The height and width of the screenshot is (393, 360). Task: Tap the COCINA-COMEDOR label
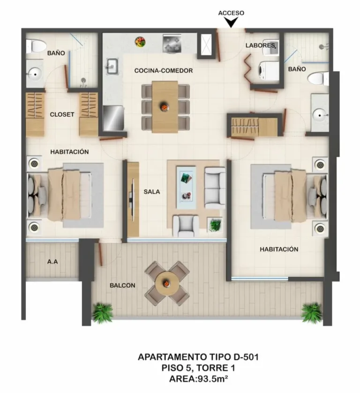tap(164, 71)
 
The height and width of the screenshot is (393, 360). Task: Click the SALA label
tap(152, 192)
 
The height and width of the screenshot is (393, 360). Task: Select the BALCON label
tap(122, 285)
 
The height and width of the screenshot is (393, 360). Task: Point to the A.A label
tap(52, 262)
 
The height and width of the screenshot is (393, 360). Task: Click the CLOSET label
tap(62, 114)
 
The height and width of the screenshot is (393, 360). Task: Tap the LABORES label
tap(260, 45)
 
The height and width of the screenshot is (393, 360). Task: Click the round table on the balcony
tap(167, 283)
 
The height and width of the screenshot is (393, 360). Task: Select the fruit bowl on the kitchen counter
tap(140, 42)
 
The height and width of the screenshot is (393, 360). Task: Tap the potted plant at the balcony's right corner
tap(311, 313)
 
